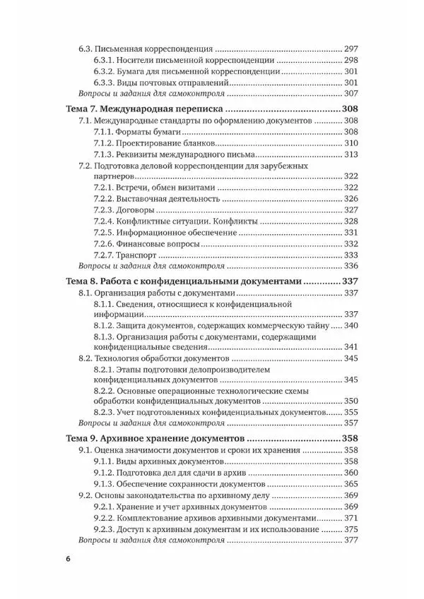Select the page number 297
(351, 49)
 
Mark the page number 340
(351, 325)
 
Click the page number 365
(351, 485)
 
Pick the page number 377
(351, 541)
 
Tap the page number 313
(351, 155)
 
